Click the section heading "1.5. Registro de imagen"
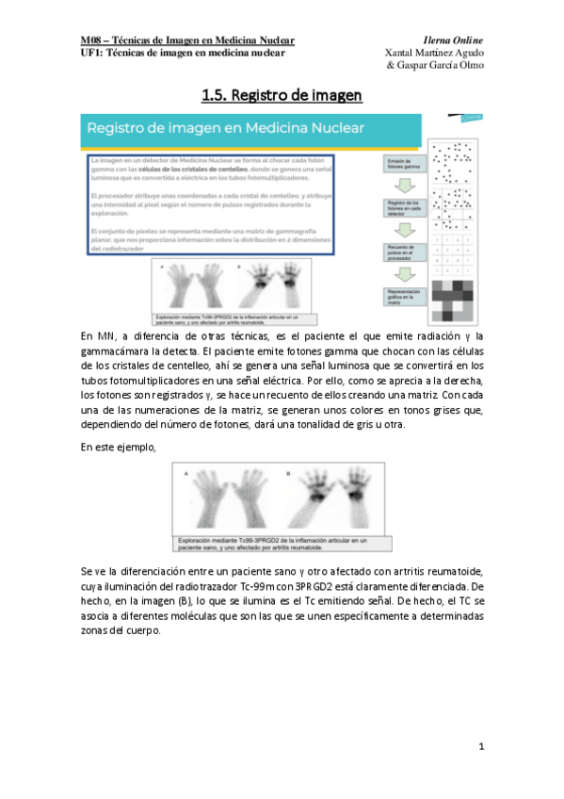(282, 96)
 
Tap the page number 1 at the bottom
(480, 746)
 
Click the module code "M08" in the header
(91, 41)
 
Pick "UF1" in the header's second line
(91, 54)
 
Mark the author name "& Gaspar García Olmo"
(435, 67)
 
